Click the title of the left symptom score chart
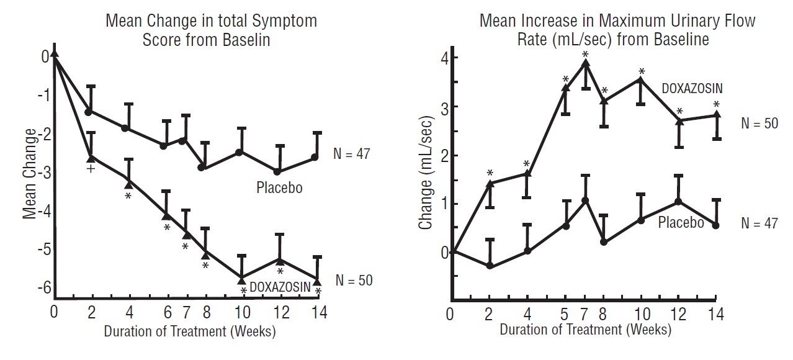211,30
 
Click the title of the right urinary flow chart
617,30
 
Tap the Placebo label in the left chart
279,187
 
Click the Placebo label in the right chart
681,222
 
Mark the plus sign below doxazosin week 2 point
91,168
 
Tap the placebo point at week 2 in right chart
490,266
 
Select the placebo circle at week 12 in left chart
277,171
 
